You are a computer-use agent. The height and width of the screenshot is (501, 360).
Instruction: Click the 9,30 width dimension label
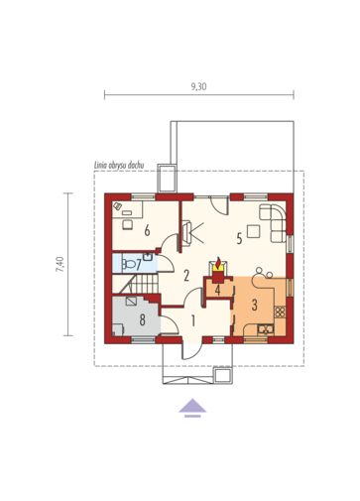(198, 86)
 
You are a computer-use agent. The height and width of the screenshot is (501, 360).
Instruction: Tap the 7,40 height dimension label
(60, 264)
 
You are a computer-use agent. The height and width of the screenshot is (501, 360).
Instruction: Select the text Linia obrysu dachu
(119, 166)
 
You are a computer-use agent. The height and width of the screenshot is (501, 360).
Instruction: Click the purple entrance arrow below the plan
(192, 408)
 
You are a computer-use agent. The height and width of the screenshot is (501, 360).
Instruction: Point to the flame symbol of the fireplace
(218, 264)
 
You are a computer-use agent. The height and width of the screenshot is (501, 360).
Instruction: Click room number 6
(147, 230)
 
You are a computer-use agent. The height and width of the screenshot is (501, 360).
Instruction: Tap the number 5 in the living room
(239, 238)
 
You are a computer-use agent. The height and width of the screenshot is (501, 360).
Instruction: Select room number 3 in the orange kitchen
(254, 305)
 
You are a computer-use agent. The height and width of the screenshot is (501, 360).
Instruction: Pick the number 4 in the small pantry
(217, 290)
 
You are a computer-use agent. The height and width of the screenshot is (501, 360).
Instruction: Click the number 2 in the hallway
(186, 275)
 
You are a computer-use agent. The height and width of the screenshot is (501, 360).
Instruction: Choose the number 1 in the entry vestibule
(193, 320)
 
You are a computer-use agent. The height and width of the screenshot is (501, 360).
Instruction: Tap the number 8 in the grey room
(143, 319)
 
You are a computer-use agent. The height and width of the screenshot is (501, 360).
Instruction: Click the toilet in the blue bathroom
(129, 264)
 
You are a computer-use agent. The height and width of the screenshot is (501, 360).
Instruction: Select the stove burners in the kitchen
(280, 313)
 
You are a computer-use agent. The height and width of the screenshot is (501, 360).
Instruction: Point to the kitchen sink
(266, 329)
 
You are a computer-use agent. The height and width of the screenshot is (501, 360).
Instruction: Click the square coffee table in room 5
(254, 231)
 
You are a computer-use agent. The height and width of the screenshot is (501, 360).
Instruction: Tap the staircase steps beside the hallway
(145, 284)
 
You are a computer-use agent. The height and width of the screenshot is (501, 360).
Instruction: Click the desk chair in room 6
(127, 224)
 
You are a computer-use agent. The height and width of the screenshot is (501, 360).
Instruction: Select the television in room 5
(187, 232)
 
